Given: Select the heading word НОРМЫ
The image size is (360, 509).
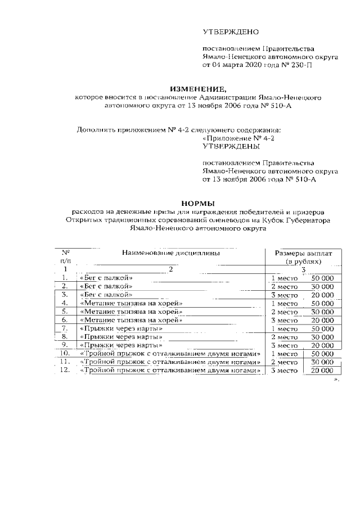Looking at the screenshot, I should [x=197, y=203].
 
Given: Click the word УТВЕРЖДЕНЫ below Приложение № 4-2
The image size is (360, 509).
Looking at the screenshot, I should [x=231, y=145].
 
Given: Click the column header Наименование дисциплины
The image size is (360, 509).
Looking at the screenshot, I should [x=170, y=253].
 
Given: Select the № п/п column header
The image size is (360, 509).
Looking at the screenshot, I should [x=66, y=257].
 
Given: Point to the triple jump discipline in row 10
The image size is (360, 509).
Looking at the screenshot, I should [x=170, y=354].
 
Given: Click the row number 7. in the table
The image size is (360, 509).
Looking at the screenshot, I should [x=66, y=328].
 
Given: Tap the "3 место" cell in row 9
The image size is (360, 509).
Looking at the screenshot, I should [x=284, y=345].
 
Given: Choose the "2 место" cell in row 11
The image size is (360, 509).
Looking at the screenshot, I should [x=284, y=362].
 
